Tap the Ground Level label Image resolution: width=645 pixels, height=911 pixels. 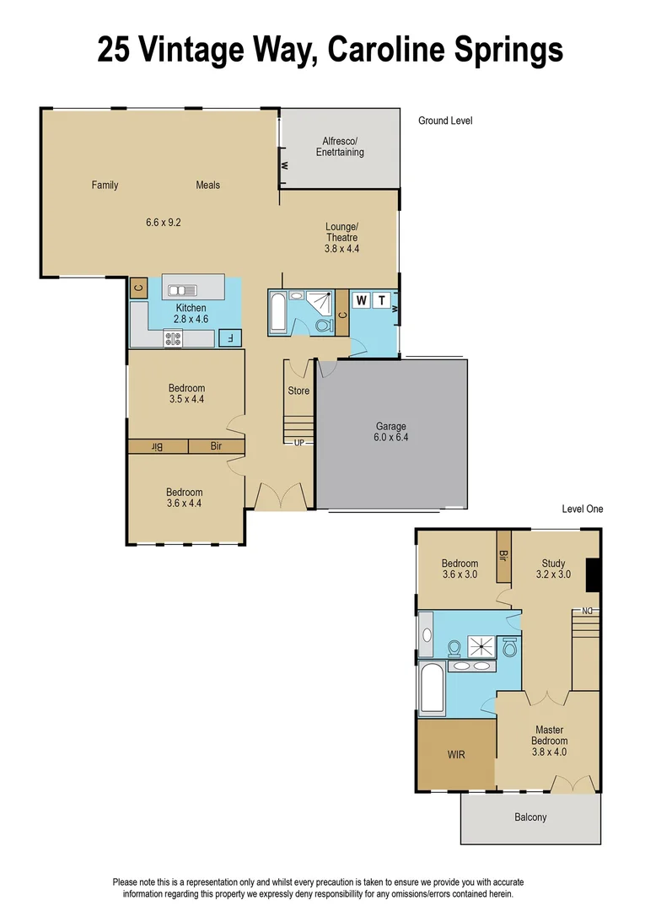pyautogui.click(x=445, y=121)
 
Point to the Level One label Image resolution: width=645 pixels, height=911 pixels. pyautogui.click(x=583, y=509)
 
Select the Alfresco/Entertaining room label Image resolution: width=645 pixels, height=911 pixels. pyautogui.click(x=340, y=146)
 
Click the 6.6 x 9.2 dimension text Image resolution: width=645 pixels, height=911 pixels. pyautogui.click(x=164, y=223)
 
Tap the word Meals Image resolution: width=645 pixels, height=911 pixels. pyautogui.click(x=208, y=185)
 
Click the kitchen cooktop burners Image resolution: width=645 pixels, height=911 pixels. pyautogui.click(x=174, y=338)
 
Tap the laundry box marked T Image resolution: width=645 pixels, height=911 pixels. pyautogui.click(x=381, y=300)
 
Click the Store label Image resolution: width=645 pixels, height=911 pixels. pyautogui.click(x=298, y=391)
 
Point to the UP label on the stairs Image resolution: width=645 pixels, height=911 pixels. pyautogui.click(x=298, y=442)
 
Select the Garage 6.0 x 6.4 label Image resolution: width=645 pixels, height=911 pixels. pyautogui.click(x=390, y=432)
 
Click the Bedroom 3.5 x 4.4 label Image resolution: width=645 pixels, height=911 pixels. pyautogui.click(x=186, y=394)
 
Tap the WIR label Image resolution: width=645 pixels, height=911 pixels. pyautogui.click(x=456, y=754)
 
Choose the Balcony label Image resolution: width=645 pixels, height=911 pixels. pyautogui.click(x=530, y=817)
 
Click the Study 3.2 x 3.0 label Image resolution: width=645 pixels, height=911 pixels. pyautogui.click(x=553, y=569)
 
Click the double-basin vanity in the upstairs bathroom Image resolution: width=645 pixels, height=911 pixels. pyautogui.click(x=472, y=666)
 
